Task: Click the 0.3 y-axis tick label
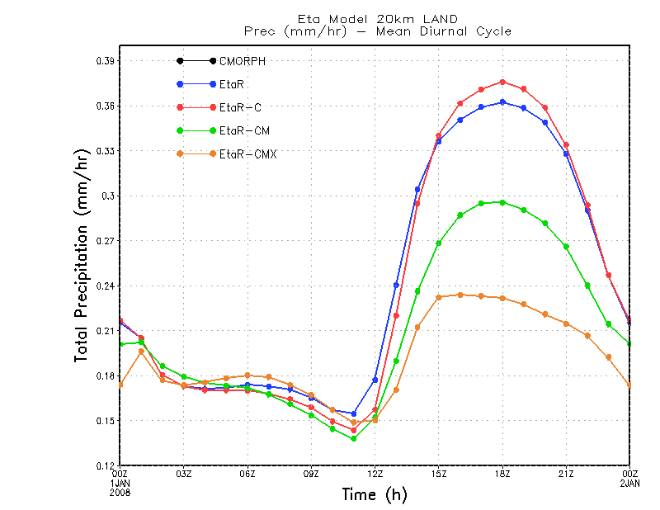pos(108,196)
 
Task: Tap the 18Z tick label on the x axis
pos(502,475)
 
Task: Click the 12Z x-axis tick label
pos(375,475)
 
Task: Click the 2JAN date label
pos(630,483)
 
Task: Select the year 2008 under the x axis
pos(120,492)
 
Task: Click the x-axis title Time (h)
pos(375,494)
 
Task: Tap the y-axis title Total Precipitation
pos(82,256)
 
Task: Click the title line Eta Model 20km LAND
pos(378,19)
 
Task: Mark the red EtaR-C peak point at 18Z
pos(502,82)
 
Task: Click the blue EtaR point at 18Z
pos(502,102)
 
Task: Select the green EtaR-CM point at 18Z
pos(502,202)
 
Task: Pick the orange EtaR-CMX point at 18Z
pos(502,298)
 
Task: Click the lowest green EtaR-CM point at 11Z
pos(353,438)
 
